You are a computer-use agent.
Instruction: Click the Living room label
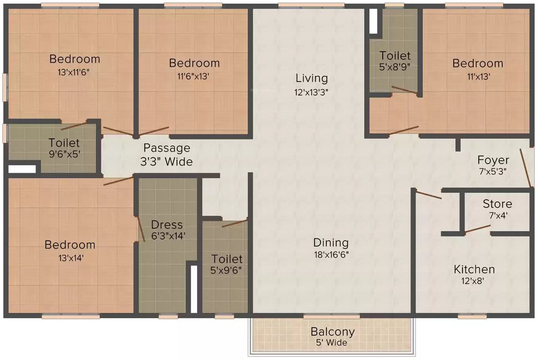(x=311, y=78)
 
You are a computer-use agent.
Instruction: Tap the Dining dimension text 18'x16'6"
(x=331, y=255)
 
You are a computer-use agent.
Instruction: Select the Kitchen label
(x=474, y=270)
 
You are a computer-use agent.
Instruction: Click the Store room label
(x=497, y=204)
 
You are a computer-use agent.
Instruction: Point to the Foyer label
(x=493, y=160)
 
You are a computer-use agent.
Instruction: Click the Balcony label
(x=332, y=332)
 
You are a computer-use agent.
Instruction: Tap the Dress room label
(x=167, y=225)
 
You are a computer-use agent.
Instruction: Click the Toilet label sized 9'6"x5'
(x=64, y=143)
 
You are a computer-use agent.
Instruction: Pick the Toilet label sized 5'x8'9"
(x=395, y=56)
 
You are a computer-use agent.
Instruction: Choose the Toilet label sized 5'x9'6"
(x=227, y=259)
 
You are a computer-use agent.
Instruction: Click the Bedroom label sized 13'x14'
(x=70, y=245)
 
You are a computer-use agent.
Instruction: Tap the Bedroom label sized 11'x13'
(x=478, y=63)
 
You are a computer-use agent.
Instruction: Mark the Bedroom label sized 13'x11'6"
(x=75, y=59)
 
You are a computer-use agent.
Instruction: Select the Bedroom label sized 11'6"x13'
(x=194, y=63)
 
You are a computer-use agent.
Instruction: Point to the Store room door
(x=477, y=229)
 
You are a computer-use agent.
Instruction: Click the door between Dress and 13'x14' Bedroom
(x=140, y=230)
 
